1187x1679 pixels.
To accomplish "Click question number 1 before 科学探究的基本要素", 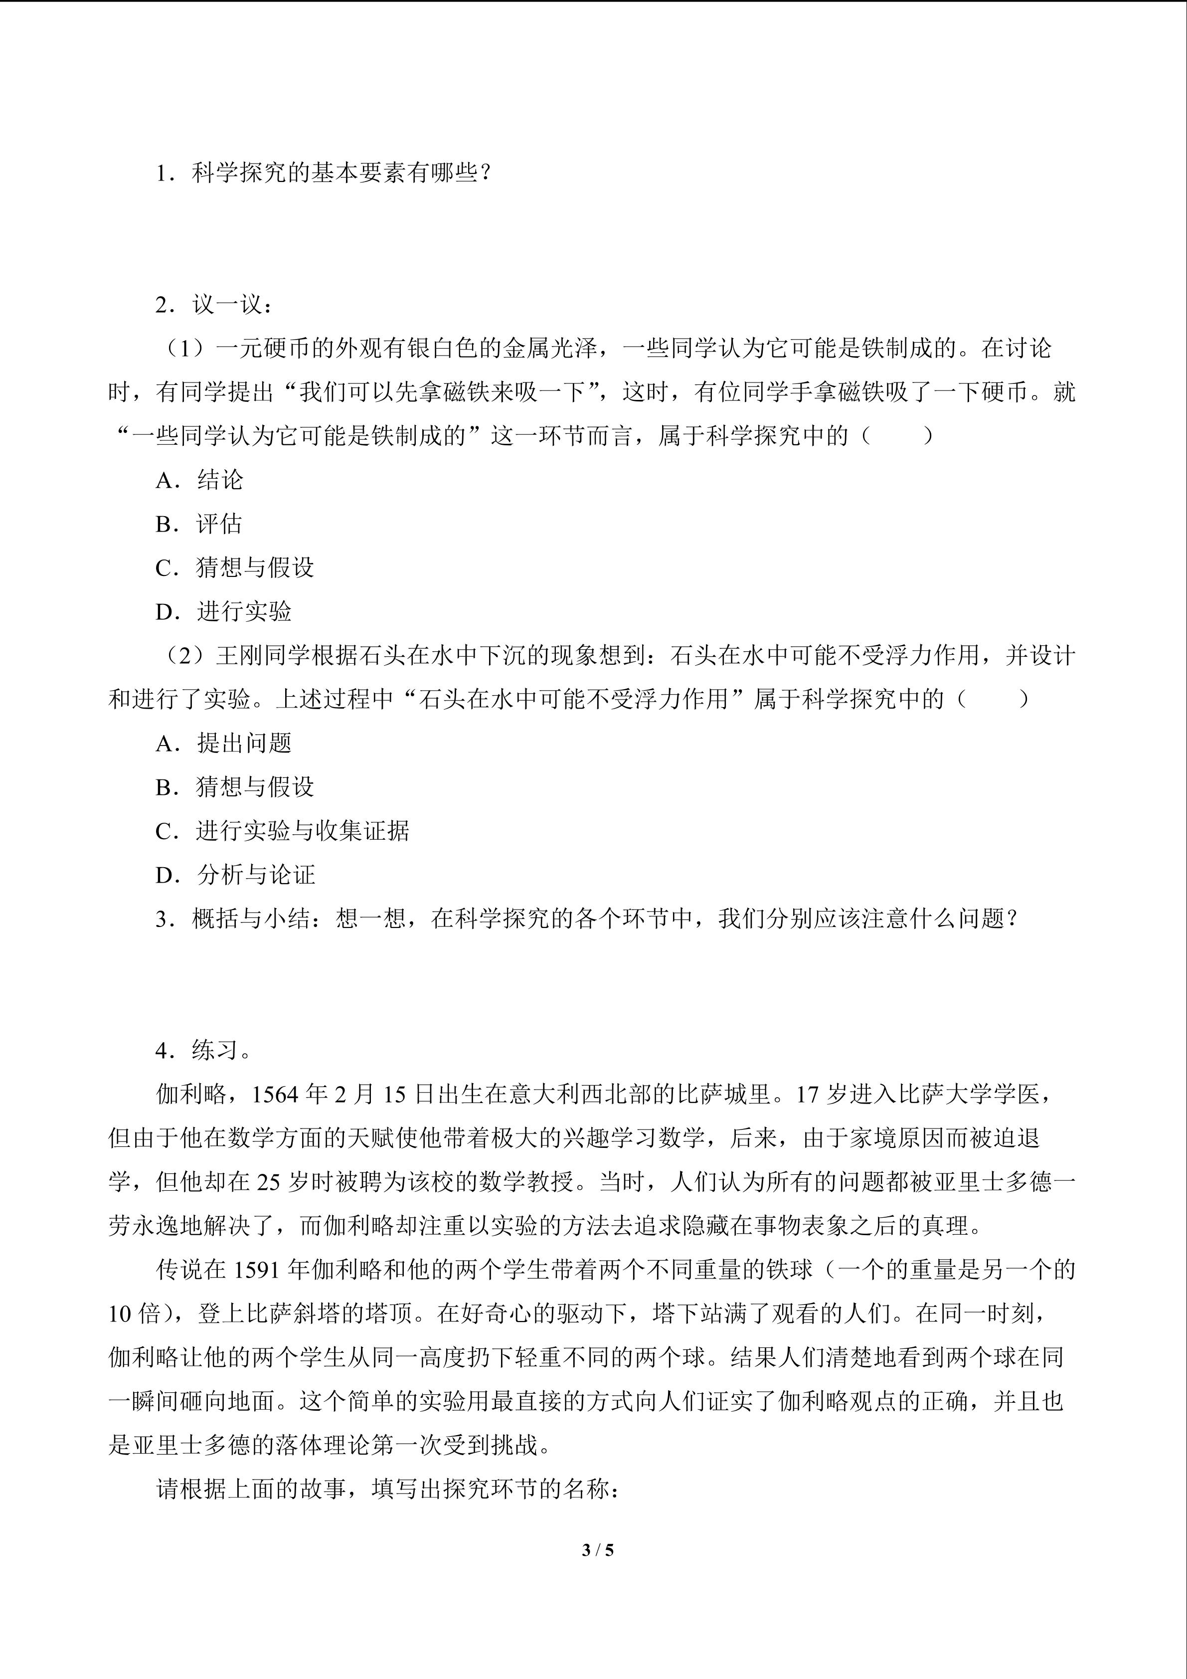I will [x=162, y=174].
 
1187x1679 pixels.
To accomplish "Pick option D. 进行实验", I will [x=223, y=612].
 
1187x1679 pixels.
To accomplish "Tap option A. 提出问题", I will [x=223, y=744].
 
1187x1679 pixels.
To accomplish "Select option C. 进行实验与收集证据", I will [x=281, y=831].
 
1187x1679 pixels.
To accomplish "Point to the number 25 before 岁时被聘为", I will [x=269, y=1182].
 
